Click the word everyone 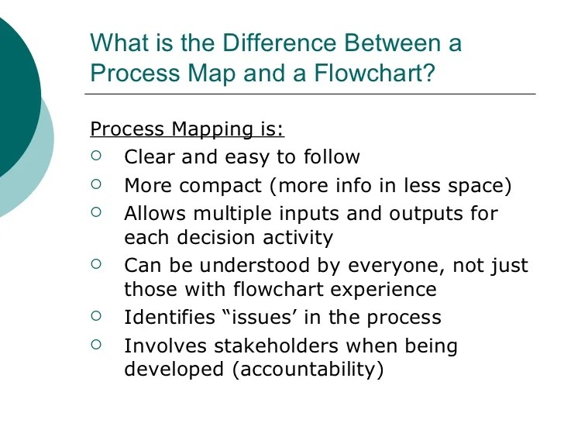[397, 265]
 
